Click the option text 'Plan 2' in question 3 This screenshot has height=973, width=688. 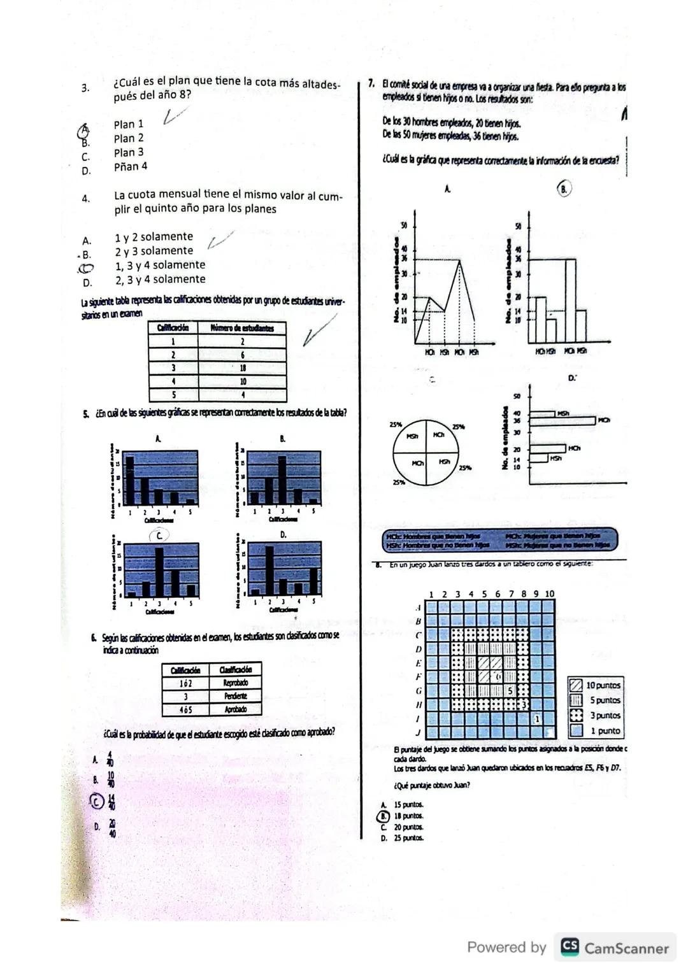pos(129,138)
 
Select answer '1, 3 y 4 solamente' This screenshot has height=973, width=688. pos(160,265)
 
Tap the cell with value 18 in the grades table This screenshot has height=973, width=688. pos(242,368)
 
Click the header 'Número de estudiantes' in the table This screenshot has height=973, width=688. pos(242,328)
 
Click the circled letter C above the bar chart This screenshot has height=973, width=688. pos(159,536)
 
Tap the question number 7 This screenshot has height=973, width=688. pos(371,85)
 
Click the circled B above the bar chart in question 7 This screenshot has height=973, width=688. pos(564,188)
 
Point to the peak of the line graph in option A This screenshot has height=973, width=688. pos(459,260)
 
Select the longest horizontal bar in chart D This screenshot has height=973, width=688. pos(563,421)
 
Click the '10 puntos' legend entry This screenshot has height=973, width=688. pos(603,685)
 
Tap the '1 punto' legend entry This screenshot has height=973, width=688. pos(604,731)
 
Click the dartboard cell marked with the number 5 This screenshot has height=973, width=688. pos(510,690)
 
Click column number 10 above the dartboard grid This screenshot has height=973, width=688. pos(549,593)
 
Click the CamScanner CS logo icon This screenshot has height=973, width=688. pos(570,947)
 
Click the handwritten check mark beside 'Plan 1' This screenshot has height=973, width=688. pos(175,115)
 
